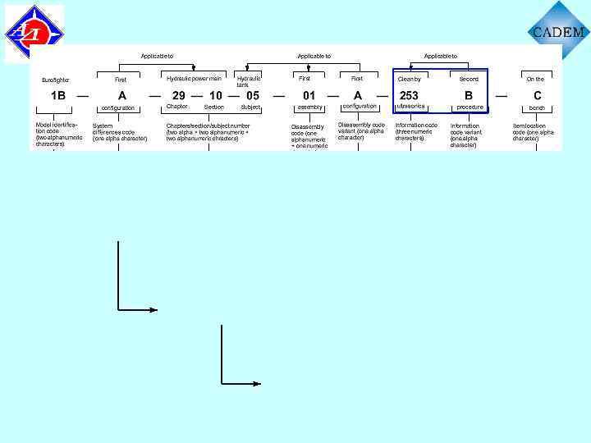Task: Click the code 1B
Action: click(x=58, y=96)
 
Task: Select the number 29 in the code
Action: click(x=178, y=96)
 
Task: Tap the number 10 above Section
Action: click(x=215, y=96)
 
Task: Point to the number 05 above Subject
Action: click(x=253, y=96)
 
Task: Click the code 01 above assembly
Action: click(x=309, y=96)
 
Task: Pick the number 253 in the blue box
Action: click(x=409, y=96)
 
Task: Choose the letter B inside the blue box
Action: click(x=469, y=96)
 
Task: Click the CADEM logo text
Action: click(x=558, y=33)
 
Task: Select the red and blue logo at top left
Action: click(x=34, y=34)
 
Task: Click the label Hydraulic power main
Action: click(x=194, y=79)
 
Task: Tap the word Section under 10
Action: click(x=213, y=107)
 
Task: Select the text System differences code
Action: click(x=120, y=132)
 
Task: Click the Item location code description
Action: click(x=534, y=132)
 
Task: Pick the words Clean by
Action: click(x=409, y=80)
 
